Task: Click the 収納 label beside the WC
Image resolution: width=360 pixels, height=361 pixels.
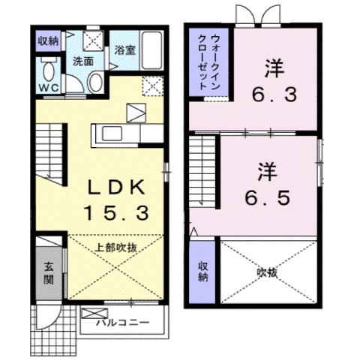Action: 46,41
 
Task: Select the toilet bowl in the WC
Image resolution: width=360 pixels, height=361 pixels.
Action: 48,73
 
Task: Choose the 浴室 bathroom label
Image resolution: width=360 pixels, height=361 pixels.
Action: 124,50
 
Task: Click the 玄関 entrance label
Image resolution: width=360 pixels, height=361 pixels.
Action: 47,271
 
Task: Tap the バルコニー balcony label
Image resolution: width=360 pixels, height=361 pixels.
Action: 124,324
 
